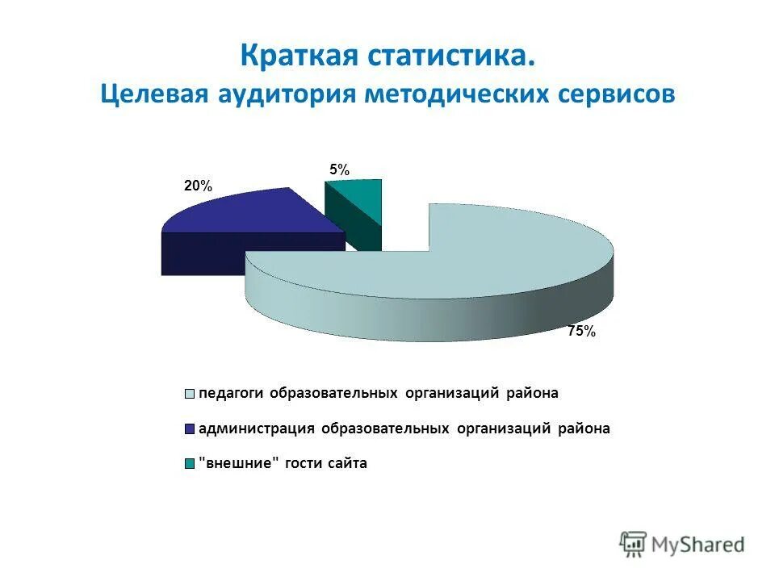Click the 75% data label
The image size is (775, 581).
tap(580, 331)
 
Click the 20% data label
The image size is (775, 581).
tap(198, 186)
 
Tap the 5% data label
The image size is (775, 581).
tap(339, 170)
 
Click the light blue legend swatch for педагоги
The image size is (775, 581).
tap(191, 394)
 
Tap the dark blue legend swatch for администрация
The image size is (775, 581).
tap(191, 428)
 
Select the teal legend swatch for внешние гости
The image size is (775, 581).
tap(191, 464)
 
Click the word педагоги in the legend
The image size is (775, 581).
tap(232, 394)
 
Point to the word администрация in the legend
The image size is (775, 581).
tap(257, 428)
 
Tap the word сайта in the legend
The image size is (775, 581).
tap(346, 463)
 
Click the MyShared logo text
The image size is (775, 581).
tap(697, 545)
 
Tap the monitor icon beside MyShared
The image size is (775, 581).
tap(634, 543)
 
